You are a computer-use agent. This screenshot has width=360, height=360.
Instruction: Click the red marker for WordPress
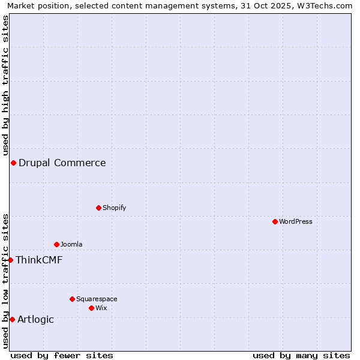pos(275,221)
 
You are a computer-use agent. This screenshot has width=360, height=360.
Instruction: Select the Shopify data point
pos(98,208)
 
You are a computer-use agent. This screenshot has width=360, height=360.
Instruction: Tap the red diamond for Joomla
pos(56,244)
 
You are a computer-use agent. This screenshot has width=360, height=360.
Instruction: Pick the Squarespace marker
pos(72,299)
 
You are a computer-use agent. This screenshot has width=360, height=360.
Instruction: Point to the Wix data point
pos(91,308)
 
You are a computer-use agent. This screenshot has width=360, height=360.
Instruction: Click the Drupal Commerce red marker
pos(13,163)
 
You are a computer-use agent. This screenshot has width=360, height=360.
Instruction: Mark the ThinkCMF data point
pos(10,260)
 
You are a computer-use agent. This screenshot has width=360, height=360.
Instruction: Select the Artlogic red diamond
pos(12,319)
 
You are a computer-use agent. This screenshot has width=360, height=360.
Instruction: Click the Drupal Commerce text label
pos(62,163)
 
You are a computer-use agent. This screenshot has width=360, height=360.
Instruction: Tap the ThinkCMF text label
pos(39,260)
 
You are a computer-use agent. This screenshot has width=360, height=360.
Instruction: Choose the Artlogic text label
pos(35,319)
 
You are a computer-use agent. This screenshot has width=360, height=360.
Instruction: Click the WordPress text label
pos(296,221)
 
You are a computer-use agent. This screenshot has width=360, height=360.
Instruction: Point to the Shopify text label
pos(114,208)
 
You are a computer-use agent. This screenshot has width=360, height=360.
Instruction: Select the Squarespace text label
pos(97,299)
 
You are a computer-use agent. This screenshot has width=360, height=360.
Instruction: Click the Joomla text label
pos(71,244)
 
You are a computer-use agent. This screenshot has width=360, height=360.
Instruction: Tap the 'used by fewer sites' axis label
pos(62,355)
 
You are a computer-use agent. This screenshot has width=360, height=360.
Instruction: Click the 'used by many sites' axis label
pos(301,355)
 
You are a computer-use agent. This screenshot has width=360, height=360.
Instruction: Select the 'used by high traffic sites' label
pos(5,85)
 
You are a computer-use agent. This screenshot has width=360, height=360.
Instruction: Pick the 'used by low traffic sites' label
pos(5,281)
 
